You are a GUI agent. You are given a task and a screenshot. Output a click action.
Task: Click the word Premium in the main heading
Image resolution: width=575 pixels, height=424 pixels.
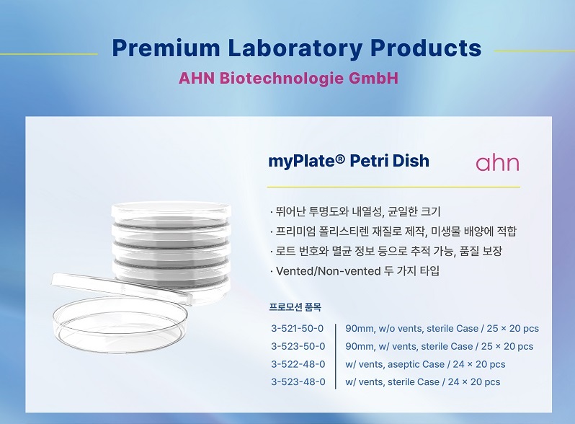[x=166, y=48]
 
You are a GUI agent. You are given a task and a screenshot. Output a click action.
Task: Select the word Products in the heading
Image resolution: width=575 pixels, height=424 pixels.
[x=426, y=48]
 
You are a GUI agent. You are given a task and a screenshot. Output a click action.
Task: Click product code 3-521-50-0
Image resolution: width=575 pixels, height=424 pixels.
[x=298, y=328]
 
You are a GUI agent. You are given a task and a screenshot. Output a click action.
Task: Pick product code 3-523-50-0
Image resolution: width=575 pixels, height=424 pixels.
[x=298, y=346]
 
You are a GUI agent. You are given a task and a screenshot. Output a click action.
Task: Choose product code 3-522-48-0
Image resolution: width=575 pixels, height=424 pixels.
[x=298, y=364]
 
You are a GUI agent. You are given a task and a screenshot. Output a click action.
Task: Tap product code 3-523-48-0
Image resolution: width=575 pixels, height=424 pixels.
[x=298, y=381]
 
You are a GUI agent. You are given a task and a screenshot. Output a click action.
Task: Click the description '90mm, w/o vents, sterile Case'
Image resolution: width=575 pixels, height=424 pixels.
[x=412, y=329]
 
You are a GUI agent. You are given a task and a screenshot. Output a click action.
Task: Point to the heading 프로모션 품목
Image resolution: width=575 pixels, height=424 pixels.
[x=295, y=307]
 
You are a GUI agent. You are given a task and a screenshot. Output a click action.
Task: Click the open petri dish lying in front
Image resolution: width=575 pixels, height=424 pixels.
[x=120, y=325]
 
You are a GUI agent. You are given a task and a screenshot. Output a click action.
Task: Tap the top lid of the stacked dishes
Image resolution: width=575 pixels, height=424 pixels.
[x=171, y=211]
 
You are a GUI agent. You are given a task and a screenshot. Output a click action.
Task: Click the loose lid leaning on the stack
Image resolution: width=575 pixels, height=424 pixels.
[x=121, y=287]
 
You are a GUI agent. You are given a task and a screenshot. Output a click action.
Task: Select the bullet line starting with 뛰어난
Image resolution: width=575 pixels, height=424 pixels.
[x=355, y=211]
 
